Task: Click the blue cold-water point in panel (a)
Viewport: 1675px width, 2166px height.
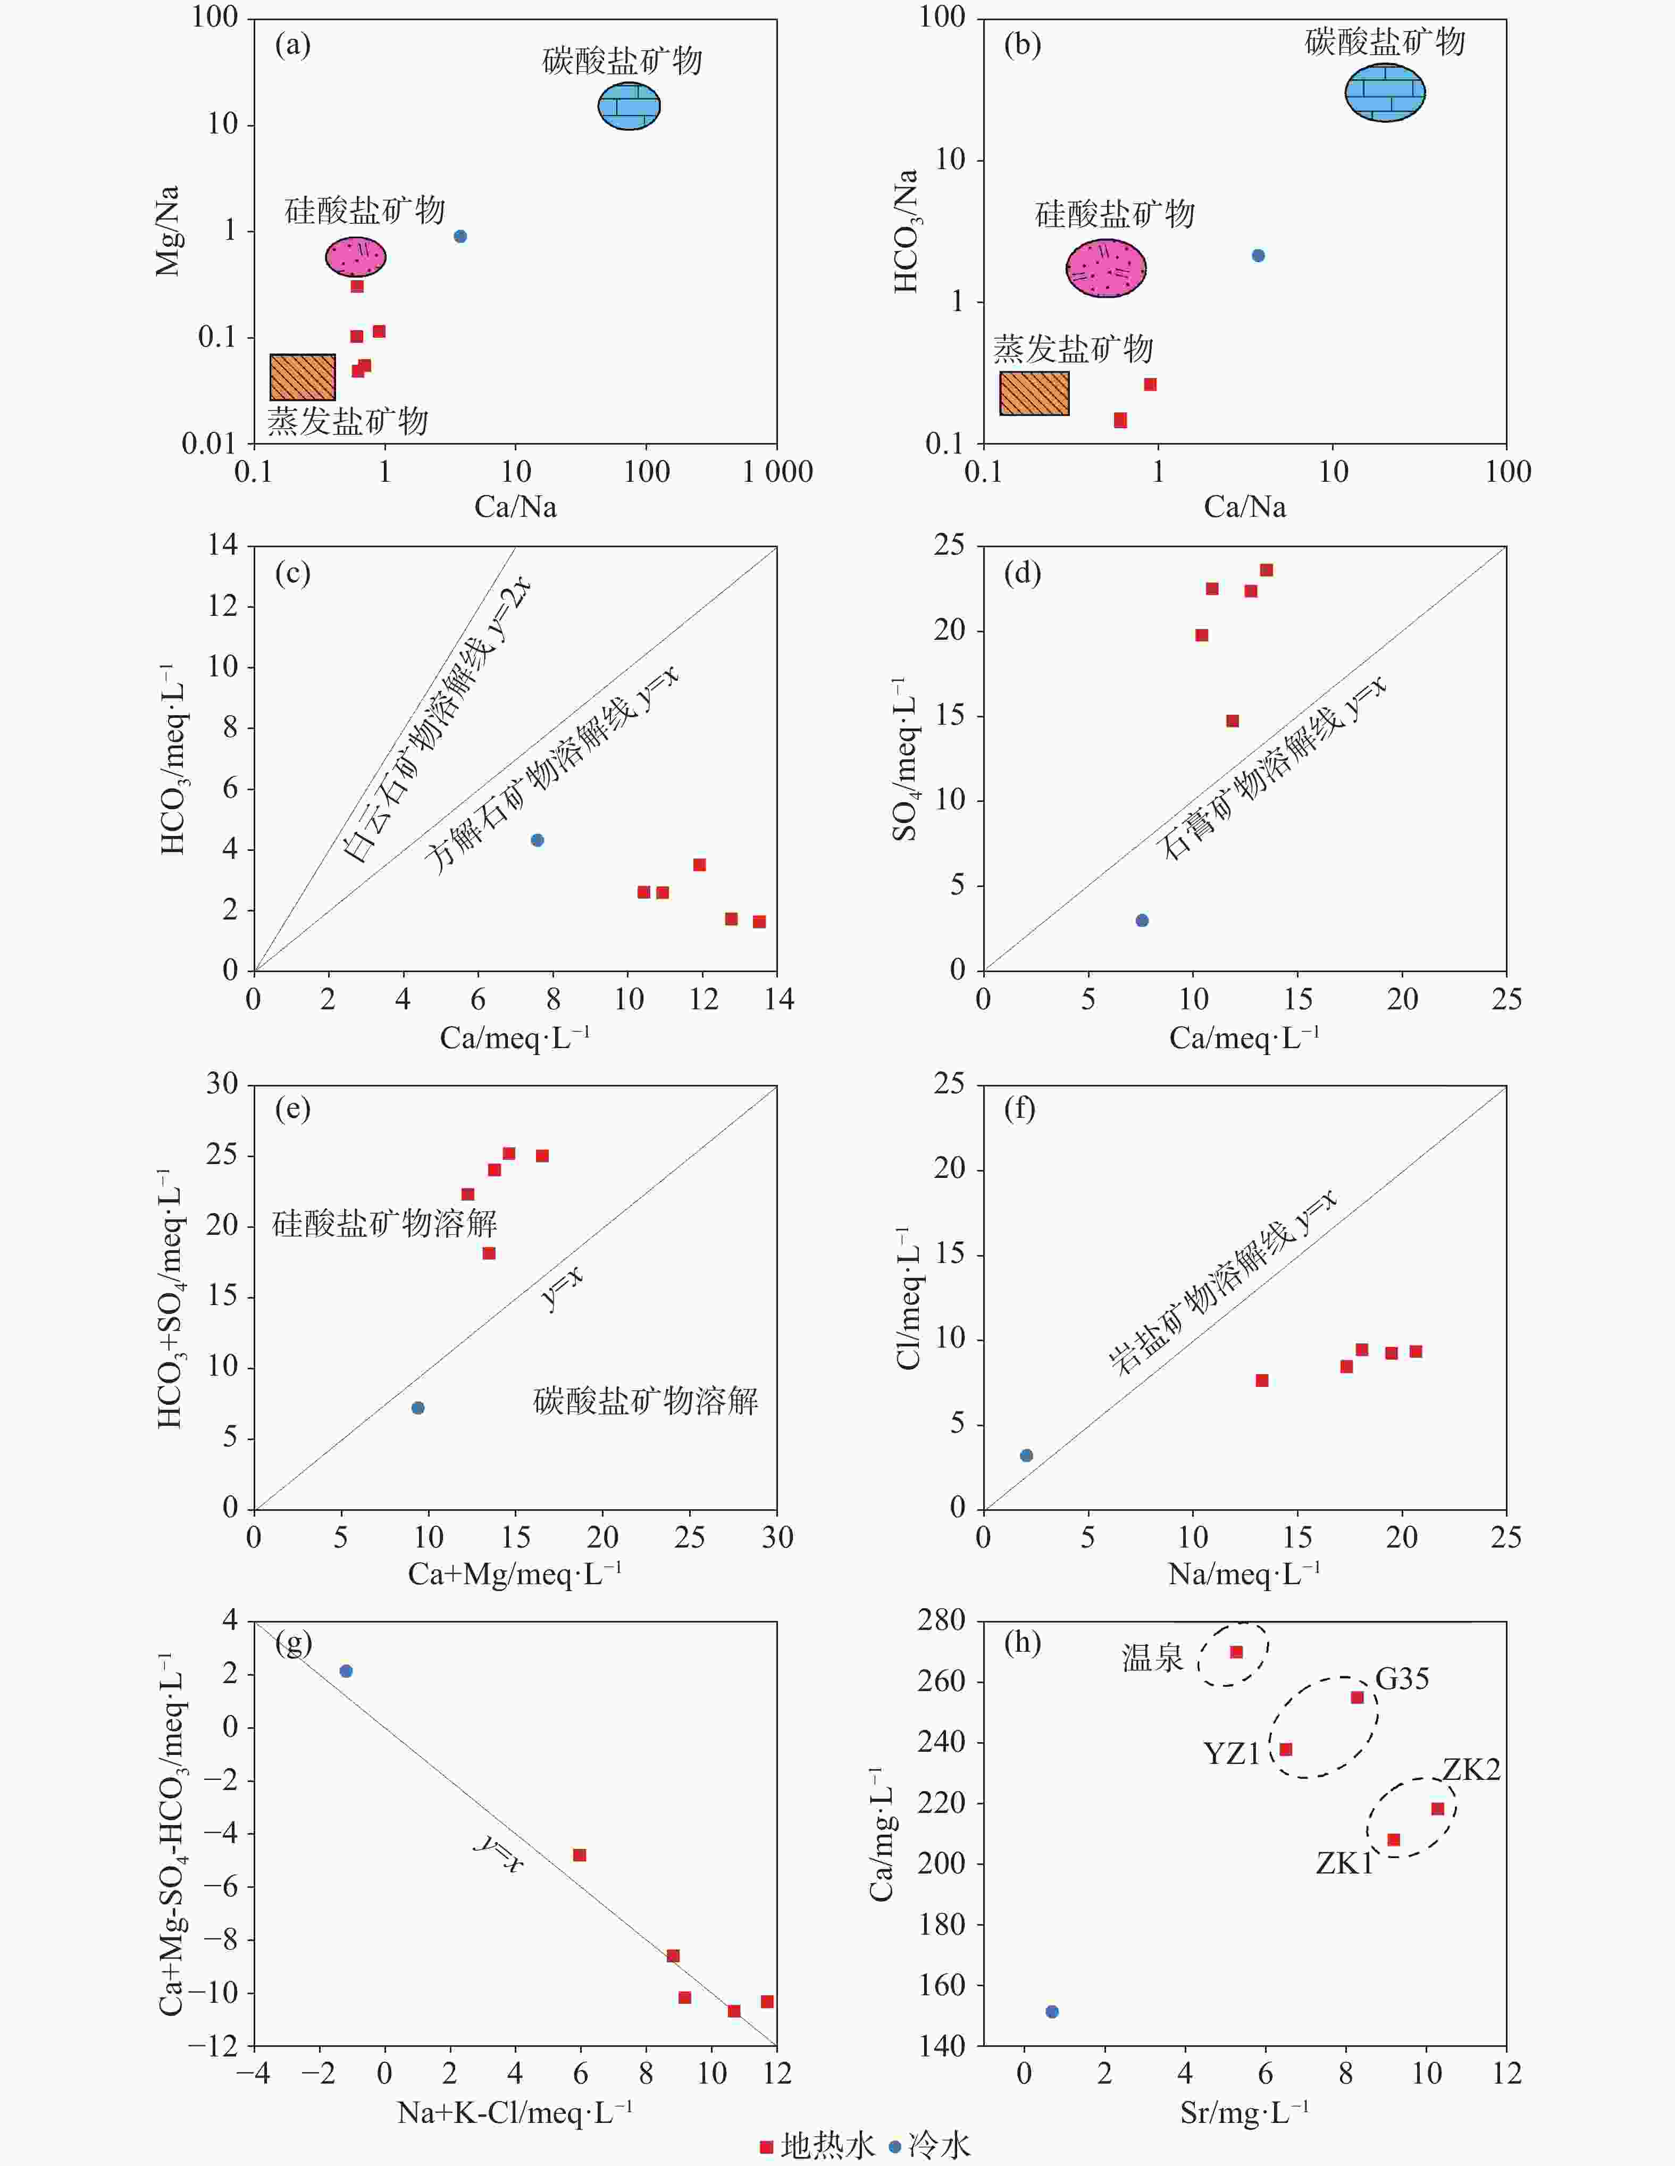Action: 460,236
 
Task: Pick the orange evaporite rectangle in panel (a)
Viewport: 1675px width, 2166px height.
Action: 303,377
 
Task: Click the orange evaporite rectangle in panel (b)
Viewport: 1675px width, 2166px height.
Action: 1034,394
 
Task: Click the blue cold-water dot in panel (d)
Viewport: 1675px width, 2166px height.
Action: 1142,921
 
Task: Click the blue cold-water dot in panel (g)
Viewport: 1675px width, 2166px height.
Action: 346,1671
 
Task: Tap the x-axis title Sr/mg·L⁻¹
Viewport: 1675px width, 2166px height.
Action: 1244,2112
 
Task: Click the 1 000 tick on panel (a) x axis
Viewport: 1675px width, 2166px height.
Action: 777,472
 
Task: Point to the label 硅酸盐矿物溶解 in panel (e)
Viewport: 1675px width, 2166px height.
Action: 385,1224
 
